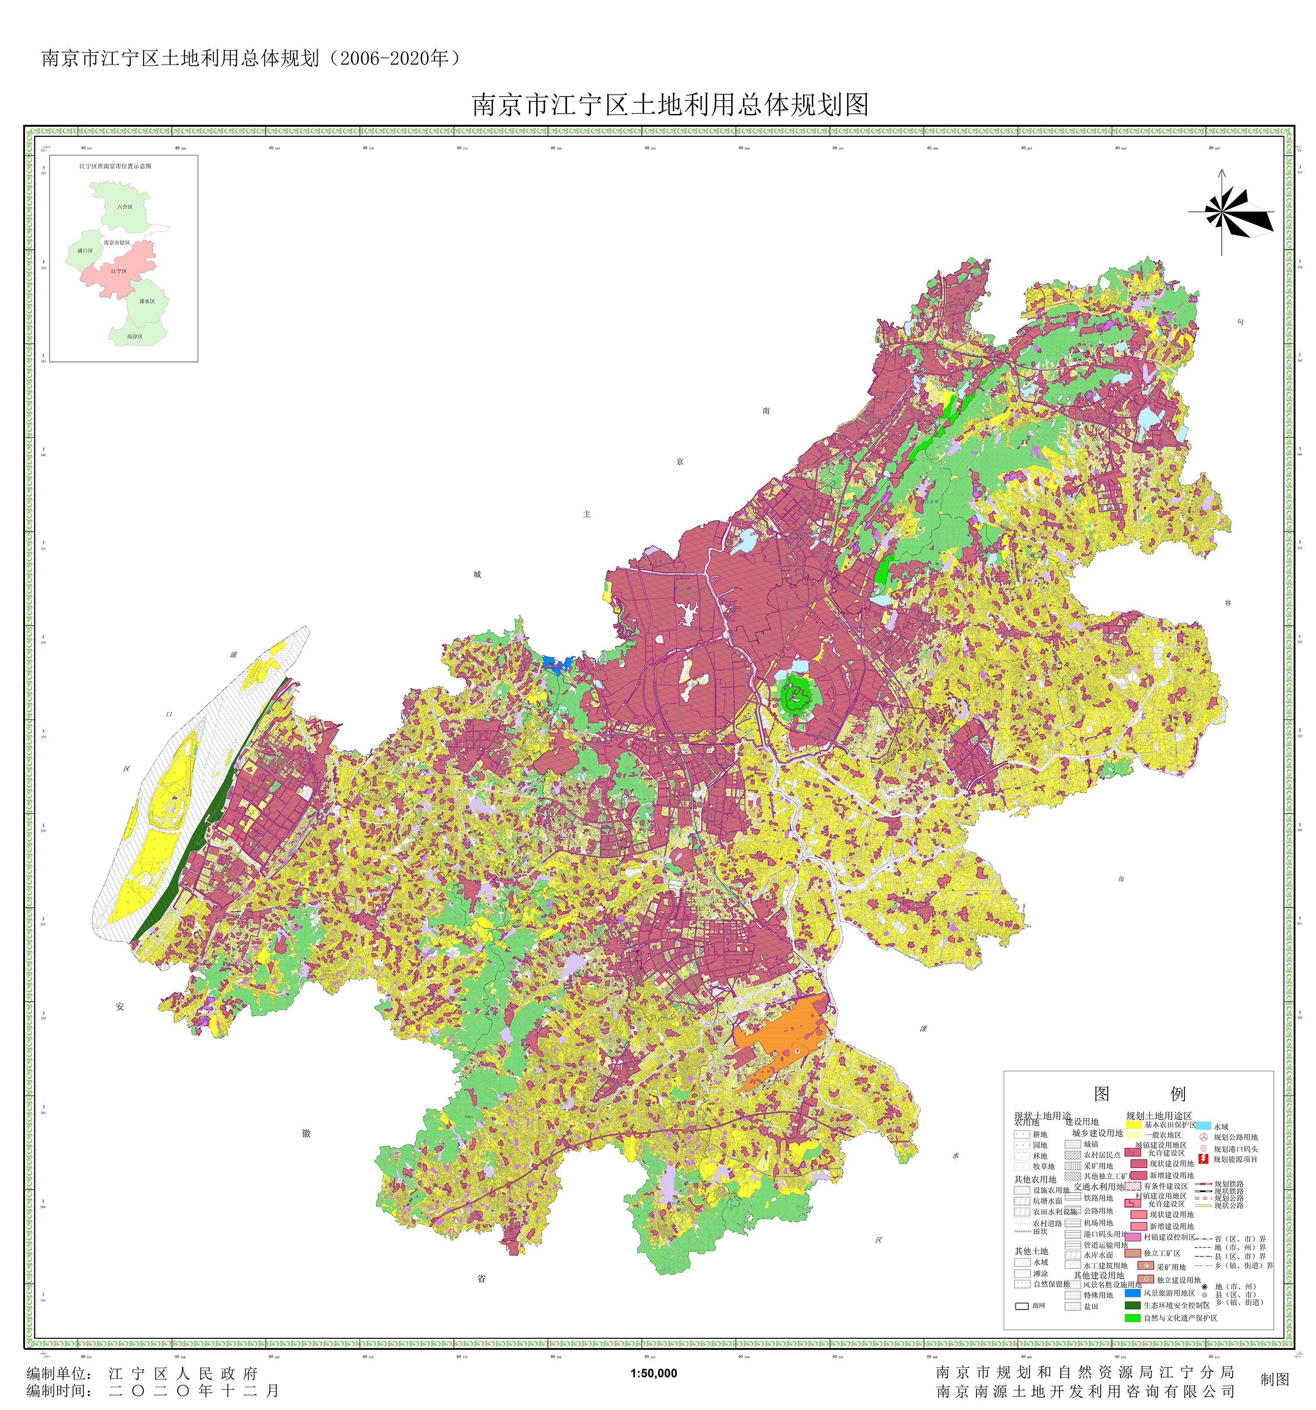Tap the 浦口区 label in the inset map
click(85, 251)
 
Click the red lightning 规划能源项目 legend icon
click(1203, 1159)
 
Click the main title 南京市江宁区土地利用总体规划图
click(670, 105)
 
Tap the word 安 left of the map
click(120, 1006)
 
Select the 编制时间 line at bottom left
click(153, 1391)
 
